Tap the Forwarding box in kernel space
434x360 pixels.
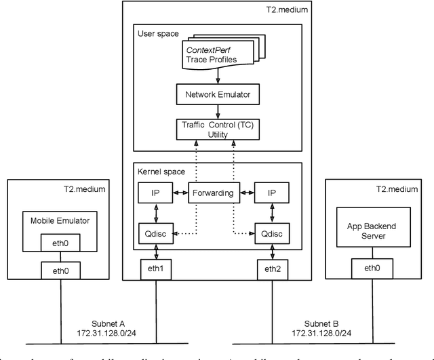tap(214, 193)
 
